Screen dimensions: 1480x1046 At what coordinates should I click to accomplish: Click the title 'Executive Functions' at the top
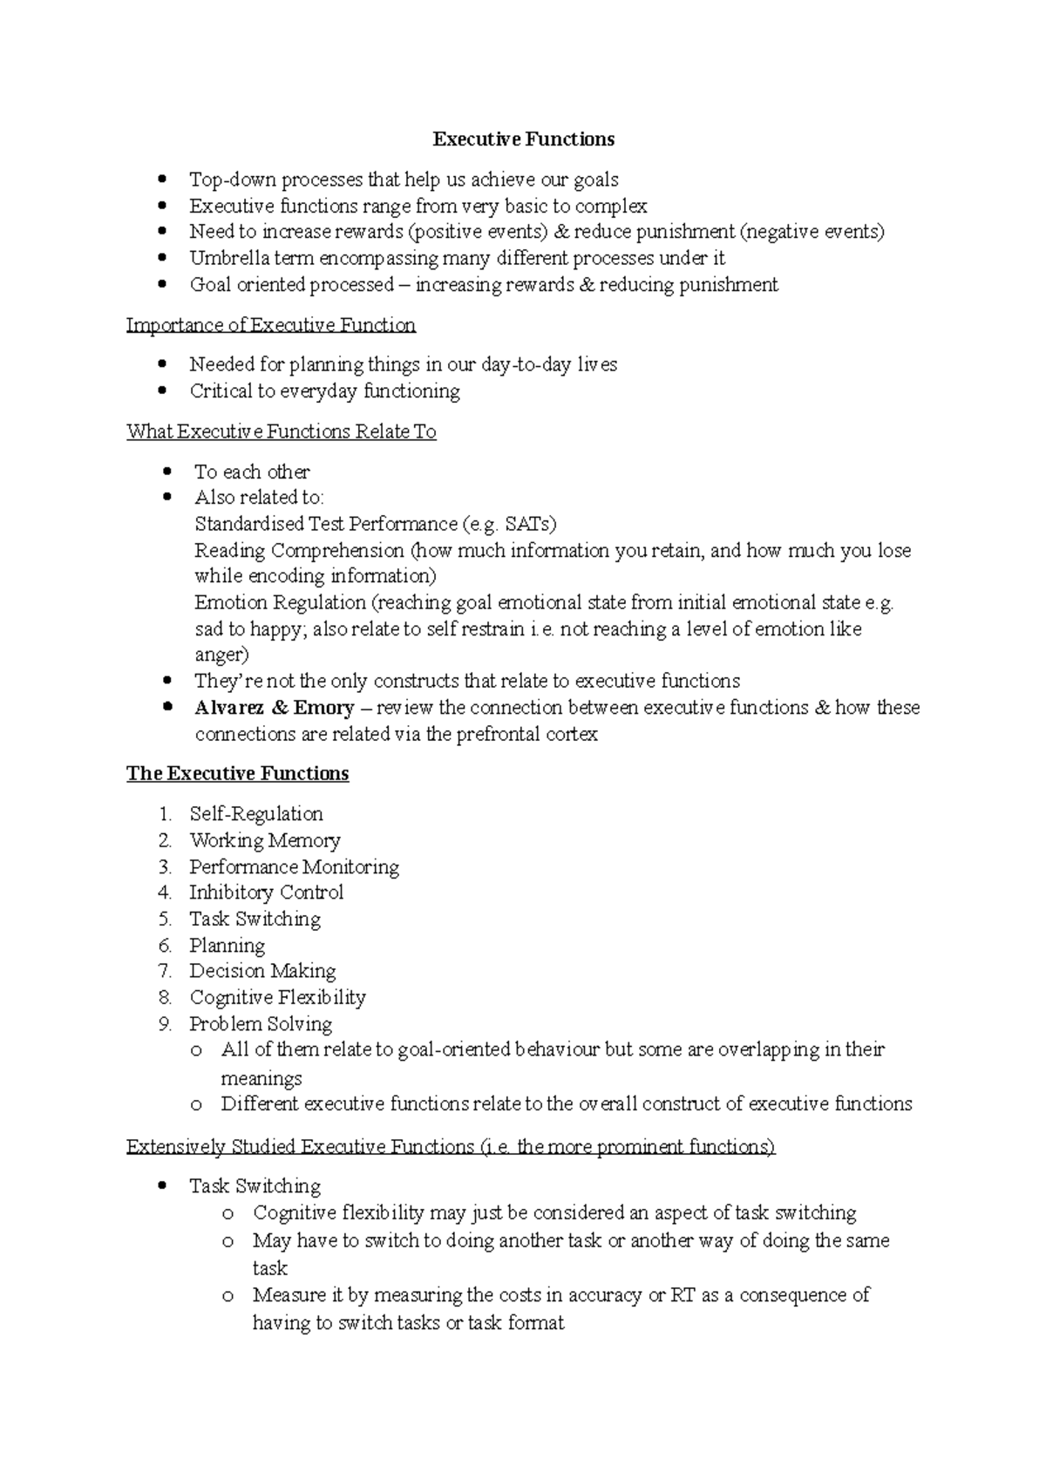point(523,139)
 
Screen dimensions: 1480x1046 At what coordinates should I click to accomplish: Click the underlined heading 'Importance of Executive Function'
point(270,325)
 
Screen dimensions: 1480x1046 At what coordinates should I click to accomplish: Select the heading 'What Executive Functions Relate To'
point(281,431)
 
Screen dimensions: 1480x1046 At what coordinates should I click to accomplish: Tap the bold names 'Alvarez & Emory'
point(274,708)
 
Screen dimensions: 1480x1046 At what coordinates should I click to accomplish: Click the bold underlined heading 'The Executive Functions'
point(237,774)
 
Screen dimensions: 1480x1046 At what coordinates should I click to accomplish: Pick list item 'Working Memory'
point(264,840)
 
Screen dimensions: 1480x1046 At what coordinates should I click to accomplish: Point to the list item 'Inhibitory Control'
point(266,893)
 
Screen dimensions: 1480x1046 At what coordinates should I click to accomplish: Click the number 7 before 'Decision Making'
point(165,971)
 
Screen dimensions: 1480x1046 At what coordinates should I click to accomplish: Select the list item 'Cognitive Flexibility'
point(277,997)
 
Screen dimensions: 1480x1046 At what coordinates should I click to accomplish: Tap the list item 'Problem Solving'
point(261,1024)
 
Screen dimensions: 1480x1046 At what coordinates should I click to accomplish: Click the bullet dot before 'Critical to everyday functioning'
point(162,391)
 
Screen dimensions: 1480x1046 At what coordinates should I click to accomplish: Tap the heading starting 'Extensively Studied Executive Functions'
point(450,1147)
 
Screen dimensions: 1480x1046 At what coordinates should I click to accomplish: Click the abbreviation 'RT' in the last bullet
point(682,1295)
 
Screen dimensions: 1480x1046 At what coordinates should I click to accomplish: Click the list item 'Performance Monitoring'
point(294,866)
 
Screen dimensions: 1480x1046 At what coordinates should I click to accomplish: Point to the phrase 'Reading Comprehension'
point(299,551)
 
